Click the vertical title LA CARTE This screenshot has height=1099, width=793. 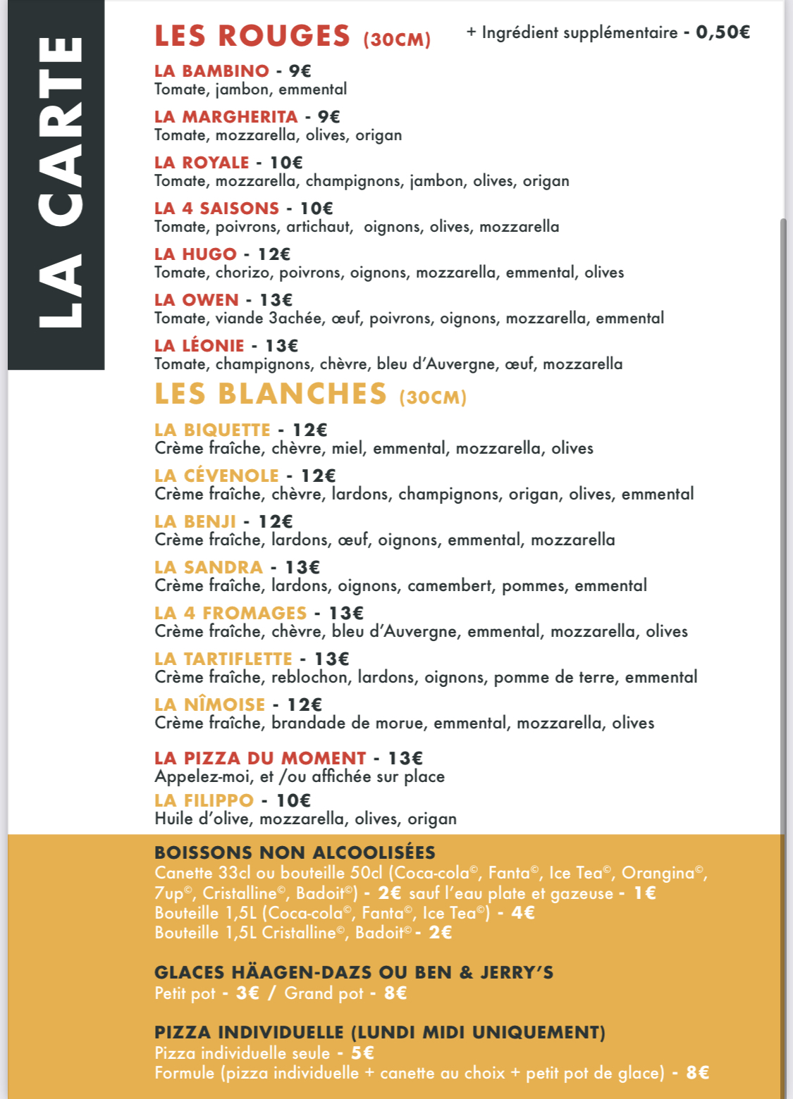pyautogui.click(x=59, y=183)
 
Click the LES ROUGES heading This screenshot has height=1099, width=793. pyautogui.click(x=252, y=36)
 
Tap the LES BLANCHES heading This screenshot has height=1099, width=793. pyautogui.click(x=271, y=394)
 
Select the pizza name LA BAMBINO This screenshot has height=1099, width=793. pyautogui.click(x=211, y=70)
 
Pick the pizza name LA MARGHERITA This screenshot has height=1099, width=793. pyautogui.click(x=226, y=116)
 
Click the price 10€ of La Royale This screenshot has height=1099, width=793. pyautogui.click(x=286, y=163)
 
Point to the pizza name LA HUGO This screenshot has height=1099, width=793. pyautogui.click(x=195, y=254)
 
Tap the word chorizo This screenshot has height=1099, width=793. pyautogui.click(x=244, y=273)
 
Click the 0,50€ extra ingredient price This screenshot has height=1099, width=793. pyautogui.click(x=723, y=32)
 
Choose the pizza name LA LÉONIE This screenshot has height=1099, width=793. pyautogui.click(x=199, y=346)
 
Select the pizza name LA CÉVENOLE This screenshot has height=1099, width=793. pyautogui.click(x=216, y=476)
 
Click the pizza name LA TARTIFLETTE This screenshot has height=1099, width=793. pyautogui.click(x=223, y=659)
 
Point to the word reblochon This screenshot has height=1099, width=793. pyautogui.click(x=310, y=677)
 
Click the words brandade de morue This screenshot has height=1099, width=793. pyautogui.click(x=348, y=723)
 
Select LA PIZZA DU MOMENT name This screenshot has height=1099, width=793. pyautogui.click(x=260, y=758)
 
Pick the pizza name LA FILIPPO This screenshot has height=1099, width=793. pyautogui.click(x=204, y=800)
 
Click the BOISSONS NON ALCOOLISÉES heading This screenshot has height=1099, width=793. pyautogui.click(x=295, y=852)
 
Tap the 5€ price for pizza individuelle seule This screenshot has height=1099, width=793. pyautogui.click(x=362, y=1053)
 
